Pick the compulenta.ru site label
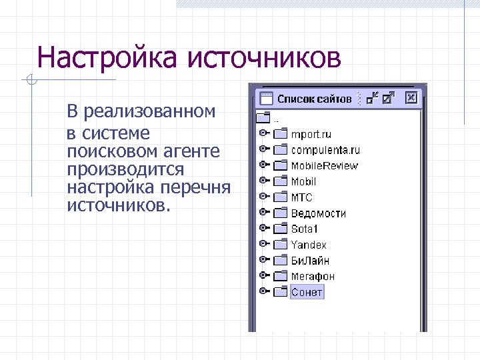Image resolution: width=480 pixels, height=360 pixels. point(325,150)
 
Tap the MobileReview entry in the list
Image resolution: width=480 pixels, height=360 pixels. point(324,165)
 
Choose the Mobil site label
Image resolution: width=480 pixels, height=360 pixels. point(303,181)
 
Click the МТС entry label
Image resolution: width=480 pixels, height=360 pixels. point(301,197)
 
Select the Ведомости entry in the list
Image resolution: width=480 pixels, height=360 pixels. point(318,213)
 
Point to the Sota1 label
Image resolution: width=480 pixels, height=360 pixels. point(305,229)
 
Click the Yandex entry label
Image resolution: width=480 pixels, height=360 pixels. point(308,245)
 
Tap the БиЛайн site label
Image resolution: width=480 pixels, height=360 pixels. point(309,261)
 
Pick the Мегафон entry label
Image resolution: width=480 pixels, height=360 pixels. point(312,276)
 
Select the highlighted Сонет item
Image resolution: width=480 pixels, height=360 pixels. point(307,292)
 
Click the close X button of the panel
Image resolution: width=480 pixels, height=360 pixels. point(411,98)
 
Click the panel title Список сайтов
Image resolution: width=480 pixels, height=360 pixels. point(314,99)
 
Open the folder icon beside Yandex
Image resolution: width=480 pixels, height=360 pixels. point(280,245)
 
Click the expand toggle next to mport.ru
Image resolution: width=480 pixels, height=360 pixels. point(264,133)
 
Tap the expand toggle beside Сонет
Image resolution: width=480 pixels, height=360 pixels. point(264,291)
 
